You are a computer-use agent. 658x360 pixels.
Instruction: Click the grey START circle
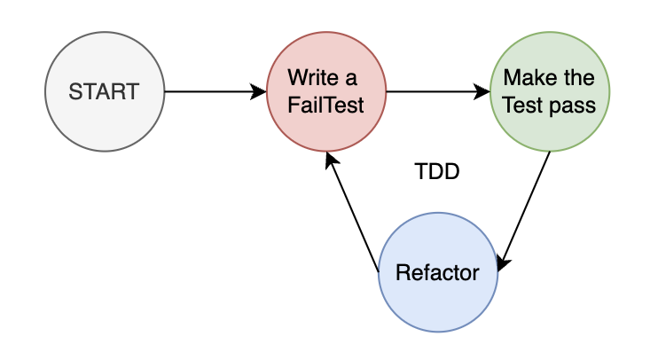coord(105,91)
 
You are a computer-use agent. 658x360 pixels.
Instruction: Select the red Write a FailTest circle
coord(326,91)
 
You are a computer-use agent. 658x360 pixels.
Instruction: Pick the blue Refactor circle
coord(438,272)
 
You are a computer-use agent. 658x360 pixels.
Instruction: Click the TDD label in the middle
coord(437,172)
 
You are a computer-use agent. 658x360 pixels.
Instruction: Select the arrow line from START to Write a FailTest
coord(213,91)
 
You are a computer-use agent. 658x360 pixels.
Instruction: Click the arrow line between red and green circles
coord(435,91)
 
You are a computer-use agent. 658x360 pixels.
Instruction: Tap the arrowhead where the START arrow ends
coord(260,91)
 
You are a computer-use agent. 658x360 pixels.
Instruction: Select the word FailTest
coord(325,104)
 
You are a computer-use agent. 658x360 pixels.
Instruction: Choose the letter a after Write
coord(352,79)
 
